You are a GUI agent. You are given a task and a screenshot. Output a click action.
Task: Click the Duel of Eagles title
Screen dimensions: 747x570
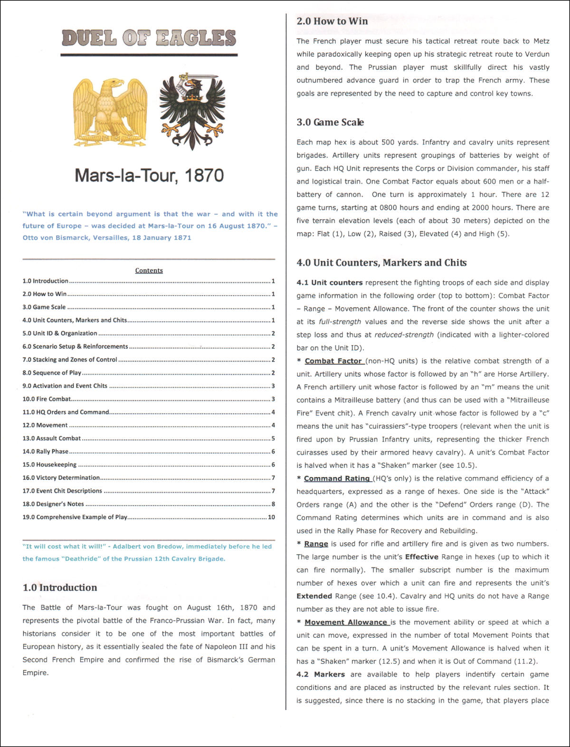pyautogui.click(x=149, y=38)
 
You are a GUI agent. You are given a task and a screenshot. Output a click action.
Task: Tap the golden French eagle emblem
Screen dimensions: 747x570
pyautogui.click(x=110, y=112)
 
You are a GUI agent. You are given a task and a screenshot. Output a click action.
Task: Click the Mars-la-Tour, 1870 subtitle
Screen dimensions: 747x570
pyautogui.click(x=149, y=175)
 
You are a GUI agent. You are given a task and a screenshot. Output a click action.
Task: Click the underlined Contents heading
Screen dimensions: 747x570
pyautogui.click(x=149, y=270)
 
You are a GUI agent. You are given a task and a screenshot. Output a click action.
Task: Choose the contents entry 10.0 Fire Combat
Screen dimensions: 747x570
pyautogui.click(x=47, y=399)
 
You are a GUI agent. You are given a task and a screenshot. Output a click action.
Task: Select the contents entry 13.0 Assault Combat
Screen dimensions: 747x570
pyautogui.click(x=51, y=438)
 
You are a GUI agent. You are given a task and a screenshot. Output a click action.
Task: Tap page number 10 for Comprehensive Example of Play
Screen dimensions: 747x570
pyautogui.click(x=271, y=517)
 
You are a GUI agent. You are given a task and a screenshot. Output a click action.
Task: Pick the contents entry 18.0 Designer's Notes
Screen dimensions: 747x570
pyautogui.click(x=53, y=504)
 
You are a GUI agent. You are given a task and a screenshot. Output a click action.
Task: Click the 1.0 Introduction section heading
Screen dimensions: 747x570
pyautogui.click(x=60, y=587)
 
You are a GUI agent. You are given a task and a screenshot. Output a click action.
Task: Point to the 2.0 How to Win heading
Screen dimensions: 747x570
pyautogui.click(x=332, y=21)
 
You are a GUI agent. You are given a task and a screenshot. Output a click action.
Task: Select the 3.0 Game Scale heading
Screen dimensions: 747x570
pyautogui.click(x=330, y=122)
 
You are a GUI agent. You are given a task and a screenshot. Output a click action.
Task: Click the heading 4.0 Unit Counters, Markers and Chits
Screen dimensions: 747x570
pyautogui.click(x=381, y=263)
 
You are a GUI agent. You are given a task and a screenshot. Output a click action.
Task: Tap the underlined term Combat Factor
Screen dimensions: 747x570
pyautogui.click(x=333, y=361)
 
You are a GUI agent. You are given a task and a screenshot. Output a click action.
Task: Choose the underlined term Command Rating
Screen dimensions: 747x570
pyautogui.click(x=337, y=478)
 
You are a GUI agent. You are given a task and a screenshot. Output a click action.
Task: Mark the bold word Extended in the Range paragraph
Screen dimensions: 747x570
pyautogui.click(x=314, y=596)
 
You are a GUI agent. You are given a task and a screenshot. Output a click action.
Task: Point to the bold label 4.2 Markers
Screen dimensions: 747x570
pyautogui.click(x=321, y=674)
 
